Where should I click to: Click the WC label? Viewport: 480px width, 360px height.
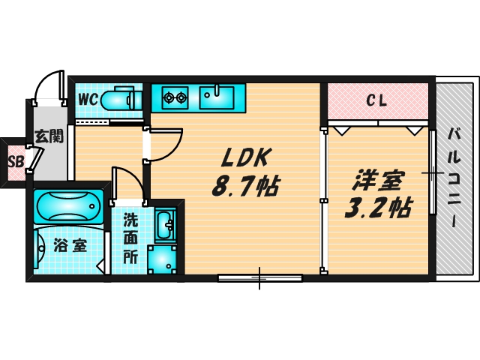88,100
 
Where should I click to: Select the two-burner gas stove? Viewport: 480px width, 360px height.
175,97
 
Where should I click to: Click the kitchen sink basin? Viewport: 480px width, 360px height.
217,97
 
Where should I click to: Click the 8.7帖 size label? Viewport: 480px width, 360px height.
245,186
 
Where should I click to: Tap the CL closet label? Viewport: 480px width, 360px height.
376,100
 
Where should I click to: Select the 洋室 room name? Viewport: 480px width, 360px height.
379,180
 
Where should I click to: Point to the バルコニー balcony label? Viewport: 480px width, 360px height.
455,178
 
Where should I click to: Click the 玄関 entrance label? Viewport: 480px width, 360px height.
49,136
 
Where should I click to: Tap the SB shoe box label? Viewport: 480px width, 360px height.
16,162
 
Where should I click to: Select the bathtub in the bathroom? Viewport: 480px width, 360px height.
68,206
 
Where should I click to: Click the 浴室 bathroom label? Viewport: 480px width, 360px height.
70,245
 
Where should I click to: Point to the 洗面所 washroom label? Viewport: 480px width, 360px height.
130,238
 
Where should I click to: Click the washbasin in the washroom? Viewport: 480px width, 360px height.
166,225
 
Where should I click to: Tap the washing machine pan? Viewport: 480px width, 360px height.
162,259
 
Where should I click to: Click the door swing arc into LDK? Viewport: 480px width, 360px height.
174,151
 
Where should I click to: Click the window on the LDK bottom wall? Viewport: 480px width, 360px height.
260,278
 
